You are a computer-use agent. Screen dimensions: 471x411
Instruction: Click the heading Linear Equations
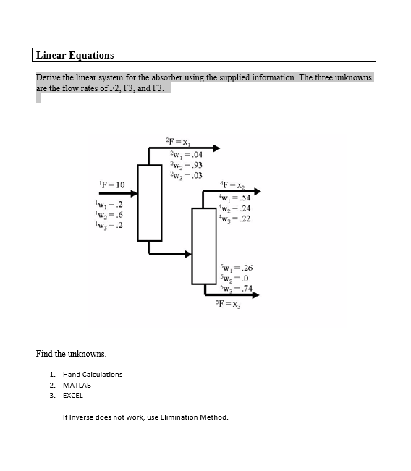[75, 55]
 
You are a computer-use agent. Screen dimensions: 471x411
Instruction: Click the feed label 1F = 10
[109, 185]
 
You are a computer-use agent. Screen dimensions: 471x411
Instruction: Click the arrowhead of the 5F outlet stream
[255, 294]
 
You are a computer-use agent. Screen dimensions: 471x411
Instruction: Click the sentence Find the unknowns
[71, 353]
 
